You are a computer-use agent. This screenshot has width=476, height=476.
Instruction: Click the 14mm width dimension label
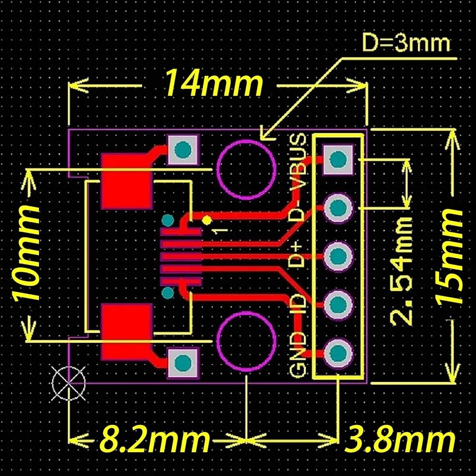pyautogui.click(x=213, y=84)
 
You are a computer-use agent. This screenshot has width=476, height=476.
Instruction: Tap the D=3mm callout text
pyautogui.click(x=406, y=44)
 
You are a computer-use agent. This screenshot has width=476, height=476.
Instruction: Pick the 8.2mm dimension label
pyautogui.click(x=155, y=441)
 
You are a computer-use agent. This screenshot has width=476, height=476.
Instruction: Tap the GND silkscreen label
pyautogui.click(x=298, y=355)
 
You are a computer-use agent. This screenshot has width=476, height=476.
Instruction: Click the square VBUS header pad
pyautogui.click(x=337, y=160)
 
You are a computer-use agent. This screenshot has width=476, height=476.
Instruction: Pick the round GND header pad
pyautogui.click(x=337, y=352)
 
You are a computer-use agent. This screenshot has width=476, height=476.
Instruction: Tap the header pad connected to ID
pyautogui.click(x=337, y=304)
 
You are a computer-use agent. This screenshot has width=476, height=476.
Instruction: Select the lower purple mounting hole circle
pyautogui.click(x=246, y=342)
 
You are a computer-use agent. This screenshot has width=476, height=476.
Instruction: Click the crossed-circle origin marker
pyautogui.click(x=69, y=383)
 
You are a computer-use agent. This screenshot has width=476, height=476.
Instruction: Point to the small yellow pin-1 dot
pyautogui.click(x=207, y=220)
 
